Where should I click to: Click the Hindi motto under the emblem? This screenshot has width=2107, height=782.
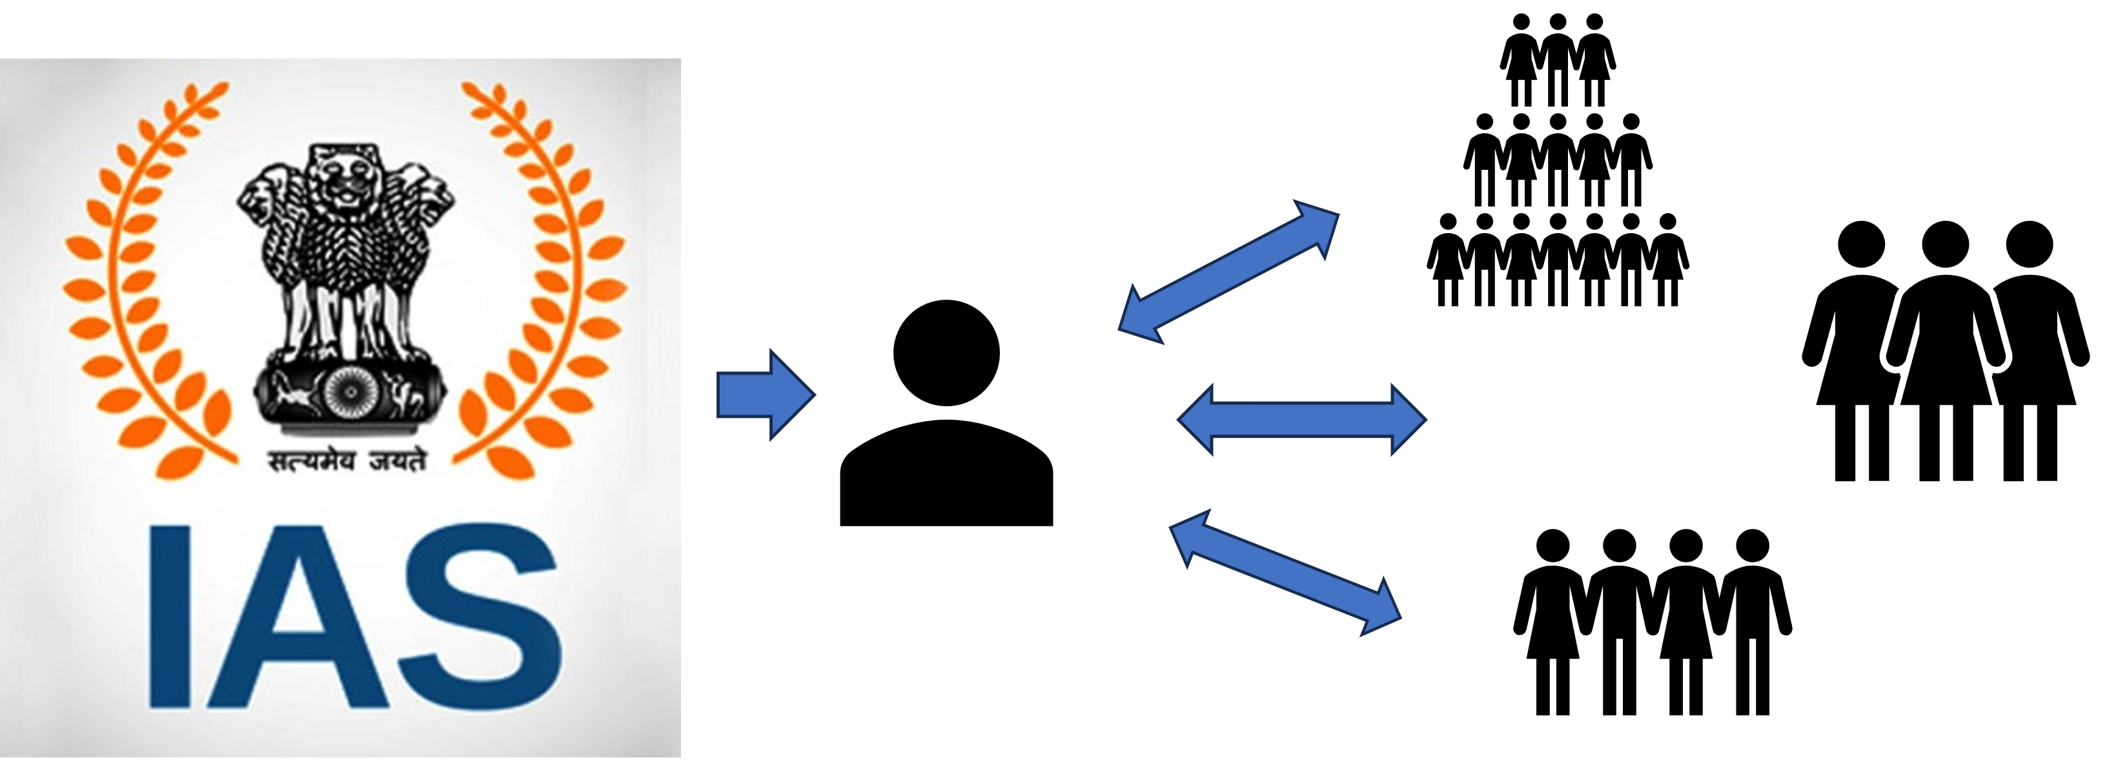coord(349,460)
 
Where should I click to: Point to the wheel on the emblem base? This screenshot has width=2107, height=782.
coord(349,393)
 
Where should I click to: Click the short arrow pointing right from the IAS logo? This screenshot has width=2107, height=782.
coord(766,395)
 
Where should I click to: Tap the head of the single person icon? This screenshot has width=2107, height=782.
coord(946,353)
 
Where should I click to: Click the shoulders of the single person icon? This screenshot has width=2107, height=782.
coord(946,473)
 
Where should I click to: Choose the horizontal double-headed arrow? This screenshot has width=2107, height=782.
coord(1301,419)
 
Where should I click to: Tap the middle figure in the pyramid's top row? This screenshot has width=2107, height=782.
coord(1558,61)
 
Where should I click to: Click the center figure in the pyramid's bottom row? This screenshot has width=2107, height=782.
coord(1558,260)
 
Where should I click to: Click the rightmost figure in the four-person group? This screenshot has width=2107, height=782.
coord(1752,623)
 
